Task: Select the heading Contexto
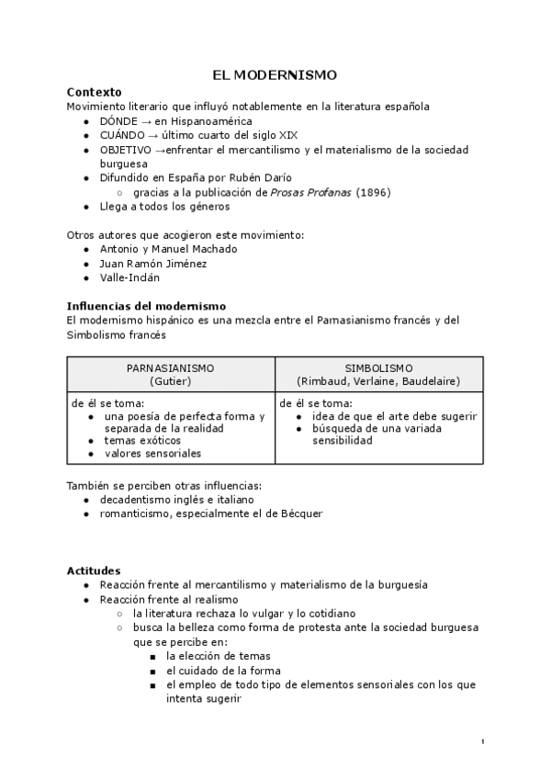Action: pos(95,92)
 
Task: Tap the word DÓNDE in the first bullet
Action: pos(118,120)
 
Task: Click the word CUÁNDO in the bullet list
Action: pos(121,135)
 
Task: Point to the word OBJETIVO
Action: pos(125,149)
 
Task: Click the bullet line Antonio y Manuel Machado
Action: pos(168,249)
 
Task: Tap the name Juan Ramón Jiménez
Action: pos(152,264)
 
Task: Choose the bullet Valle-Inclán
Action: pos(129,277)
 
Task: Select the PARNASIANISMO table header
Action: pos(170,367)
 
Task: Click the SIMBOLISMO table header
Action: pos(378,367)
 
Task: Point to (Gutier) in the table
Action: pos(170,380)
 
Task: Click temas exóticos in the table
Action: pos(141,440)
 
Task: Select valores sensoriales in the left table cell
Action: pos(152,453)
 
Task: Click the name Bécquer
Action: pos(301,514)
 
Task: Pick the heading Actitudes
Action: pos(94,570)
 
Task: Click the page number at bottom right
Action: pos(483,741)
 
